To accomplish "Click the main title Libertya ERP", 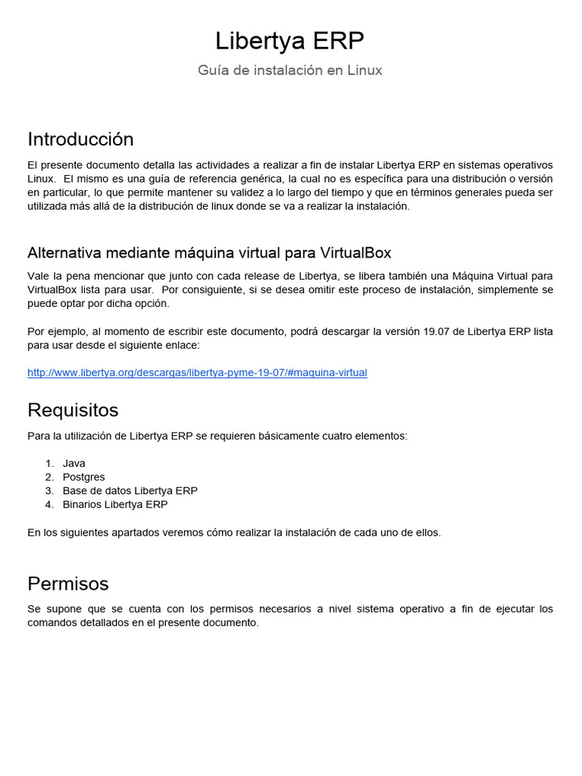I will tap(290, 40).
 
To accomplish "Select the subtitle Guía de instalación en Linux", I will tap(290, 70).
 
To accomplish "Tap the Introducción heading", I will tap(80, 139).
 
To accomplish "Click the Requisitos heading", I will tap(73, 410).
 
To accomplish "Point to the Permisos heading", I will tap(68, 584).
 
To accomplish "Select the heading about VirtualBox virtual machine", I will tap(209, 252).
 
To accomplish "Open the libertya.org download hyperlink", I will tap(197, 373).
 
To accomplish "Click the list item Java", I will tap(74, 463).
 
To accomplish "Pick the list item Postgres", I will tap(84, 477).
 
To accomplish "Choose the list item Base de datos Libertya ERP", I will tap(130, 490).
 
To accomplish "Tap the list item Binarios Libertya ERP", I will tap(115, 504).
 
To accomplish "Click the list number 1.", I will tap(48, 463).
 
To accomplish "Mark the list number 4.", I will tap(48, 504).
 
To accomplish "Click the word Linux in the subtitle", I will tap(365, 70).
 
